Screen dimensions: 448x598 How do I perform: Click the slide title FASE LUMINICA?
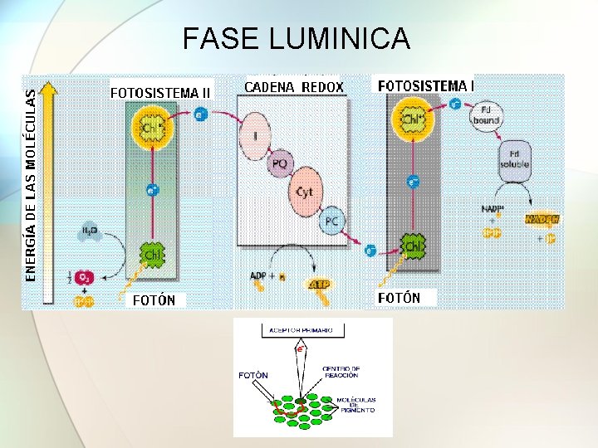point(296,38)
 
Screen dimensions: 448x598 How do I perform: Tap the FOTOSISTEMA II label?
point(161,91)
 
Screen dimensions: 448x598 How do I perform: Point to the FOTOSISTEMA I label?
point(425,85)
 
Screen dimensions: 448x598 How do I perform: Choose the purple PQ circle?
point(280,164)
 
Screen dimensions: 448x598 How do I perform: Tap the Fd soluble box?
point(515,157)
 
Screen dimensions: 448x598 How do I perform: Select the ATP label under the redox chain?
point(318,285)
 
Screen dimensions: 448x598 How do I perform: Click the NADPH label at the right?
point(542,219)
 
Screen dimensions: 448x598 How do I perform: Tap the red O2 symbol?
point(85,277)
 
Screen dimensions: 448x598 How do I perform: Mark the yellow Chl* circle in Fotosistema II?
point(151,129)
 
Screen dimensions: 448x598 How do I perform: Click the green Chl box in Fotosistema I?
point(413,246)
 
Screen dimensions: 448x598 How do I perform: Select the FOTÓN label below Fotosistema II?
point(154,299)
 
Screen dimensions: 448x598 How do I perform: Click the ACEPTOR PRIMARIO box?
point(300,330)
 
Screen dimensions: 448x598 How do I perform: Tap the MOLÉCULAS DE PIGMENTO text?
point(356,404)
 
